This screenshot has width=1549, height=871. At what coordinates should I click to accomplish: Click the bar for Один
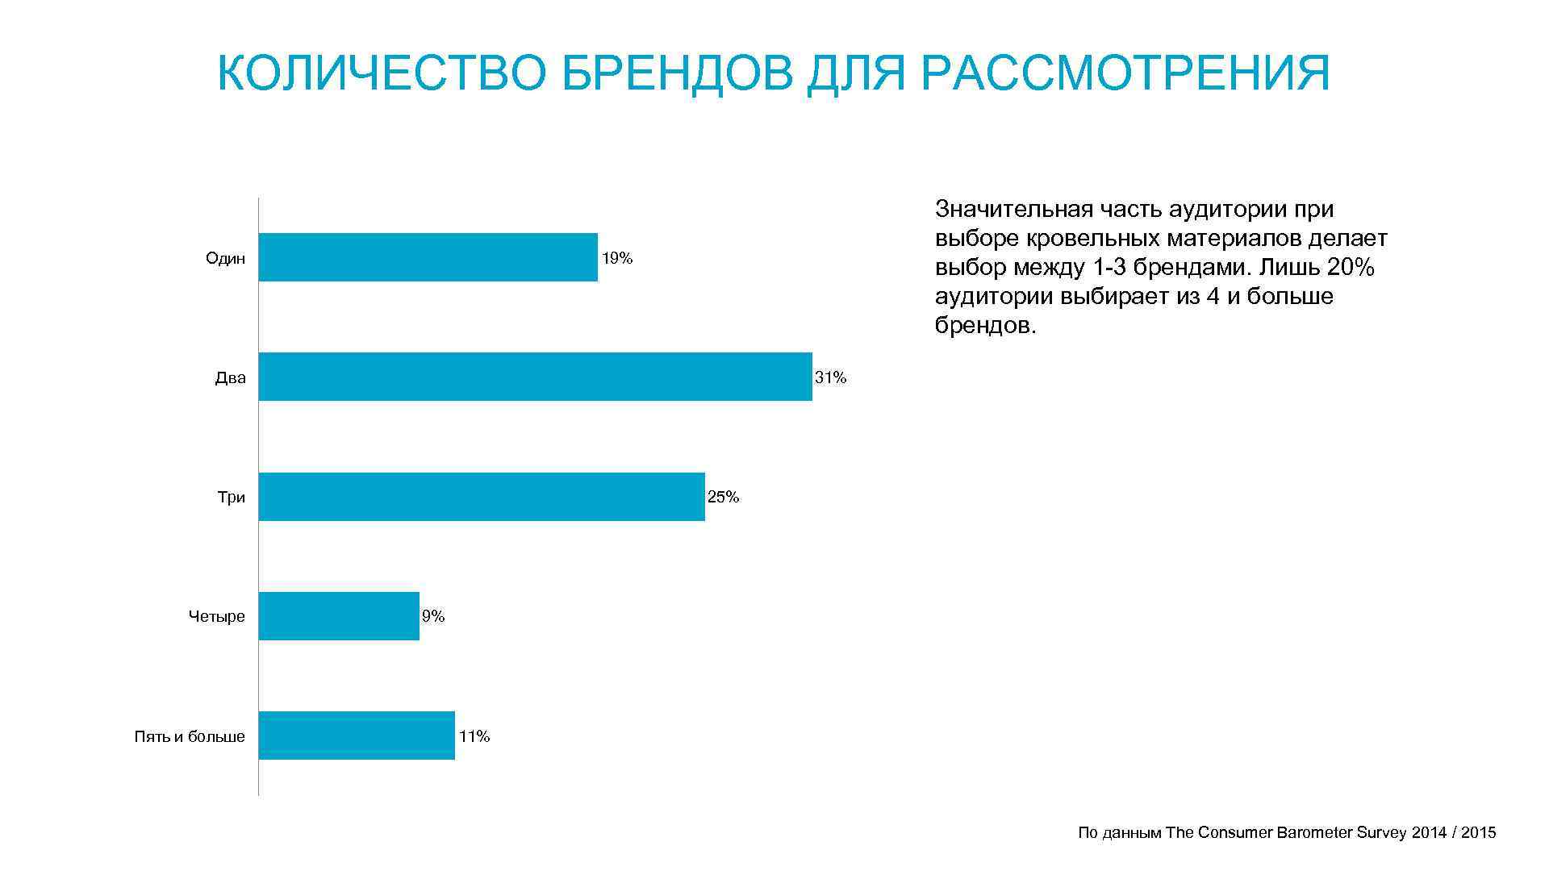pyautogui.click(x=428, y=257)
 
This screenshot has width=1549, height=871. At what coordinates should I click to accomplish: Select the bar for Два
pyautogui.click(x=535, y=377)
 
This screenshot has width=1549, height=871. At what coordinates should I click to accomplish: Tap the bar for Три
pyautogui.click(x=482, y=497)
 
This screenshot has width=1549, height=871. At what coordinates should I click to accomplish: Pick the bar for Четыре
pyautogui.click(x=339, y=616)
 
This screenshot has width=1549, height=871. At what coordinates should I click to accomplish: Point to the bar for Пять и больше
pyautogui.click(x=357, y=736)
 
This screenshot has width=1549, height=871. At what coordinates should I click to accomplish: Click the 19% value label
pyautogui.click(x=617, y=259)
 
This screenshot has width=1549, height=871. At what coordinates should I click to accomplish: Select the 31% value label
pyautogui.click(x=831, y=377)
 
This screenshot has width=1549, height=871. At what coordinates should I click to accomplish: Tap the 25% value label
pyautogui.click(x=723, y=497)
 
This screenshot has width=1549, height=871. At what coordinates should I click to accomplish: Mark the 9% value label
pyautogui.click(x=433, y=616)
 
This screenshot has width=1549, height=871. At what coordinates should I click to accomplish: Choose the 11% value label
pyautogui.click(x=474, y=736)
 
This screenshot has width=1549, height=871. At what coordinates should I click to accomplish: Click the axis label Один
pyautogui.click(x=225, y=258)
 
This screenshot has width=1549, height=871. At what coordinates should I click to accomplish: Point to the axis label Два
pyautogui.click(x=230, y=377)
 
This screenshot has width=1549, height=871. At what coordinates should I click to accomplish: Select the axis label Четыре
pyautogui.click(x=216, y=617)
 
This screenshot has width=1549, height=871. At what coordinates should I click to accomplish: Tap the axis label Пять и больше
pyautogui.click(x=190, y=736)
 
